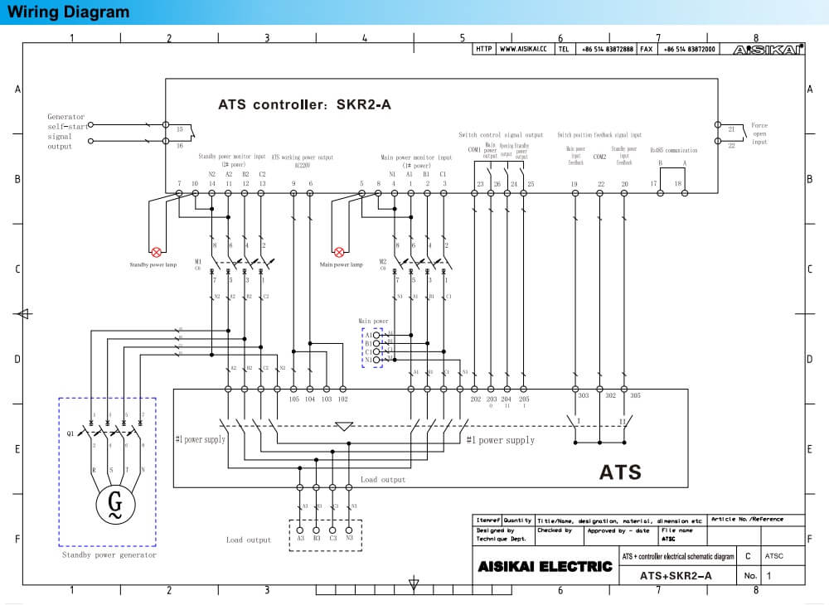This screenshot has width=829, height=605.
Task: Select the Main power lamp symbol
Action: coord(338,251)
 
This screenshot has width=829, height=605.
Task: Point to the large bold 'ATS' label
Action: coord(620,472)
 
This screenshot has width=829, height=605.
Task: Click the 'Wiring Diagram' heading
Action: coord(69,12)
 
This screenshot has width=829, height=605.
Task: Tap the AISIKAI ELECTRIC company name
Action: coord(545,568)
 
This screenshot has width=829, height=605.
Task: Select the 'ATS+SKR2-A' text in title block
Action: coord(676,575)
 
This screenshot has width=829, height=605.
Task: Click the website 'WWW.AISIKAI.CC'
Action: coord(526,49)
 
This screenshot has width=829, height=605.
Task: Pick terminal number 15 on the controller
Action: coord(180,129)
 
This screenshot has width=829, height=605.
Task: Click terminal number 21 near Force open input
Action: coord(731,129)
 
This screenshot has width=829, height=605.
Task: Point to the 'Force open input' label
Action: coord(759,133)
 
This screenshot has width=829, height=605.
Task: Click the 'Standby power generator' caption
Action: coord(109,555)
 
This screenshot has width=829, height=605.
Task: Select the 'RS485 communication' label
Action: coord(673,150)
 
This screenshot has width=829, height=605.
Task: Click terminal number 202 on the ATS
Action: coord(476,399)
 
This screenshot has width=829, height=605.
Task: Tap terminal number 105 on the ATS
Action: coord(294,399)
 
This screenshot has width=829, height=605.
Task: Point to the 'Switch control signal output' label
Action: coord(501,134)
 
